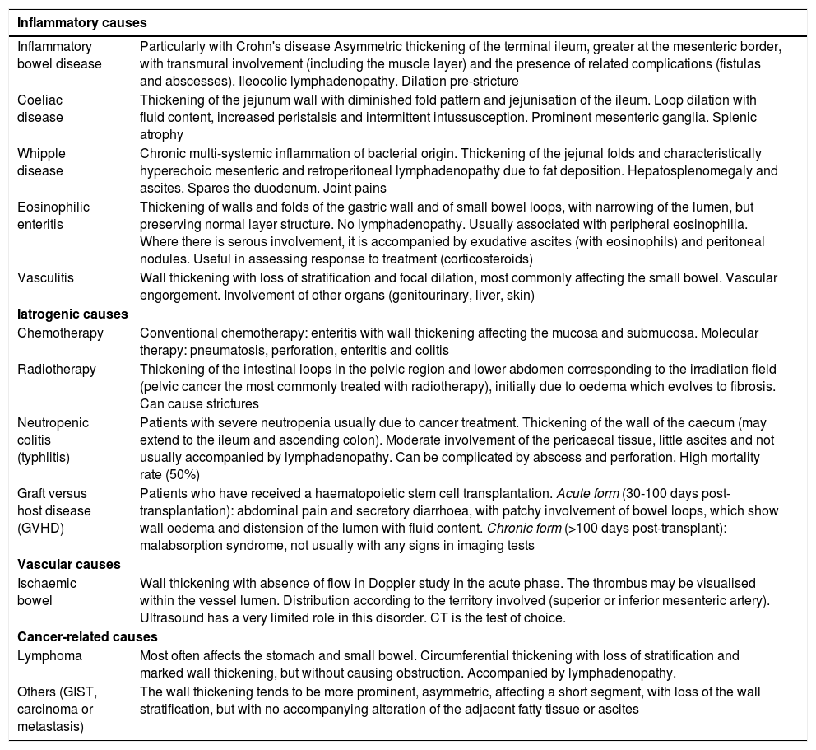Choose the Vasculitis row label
click(45, 277)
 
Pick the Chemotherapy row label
click(60, 333)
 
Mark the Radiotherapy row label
click(57, 370)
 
